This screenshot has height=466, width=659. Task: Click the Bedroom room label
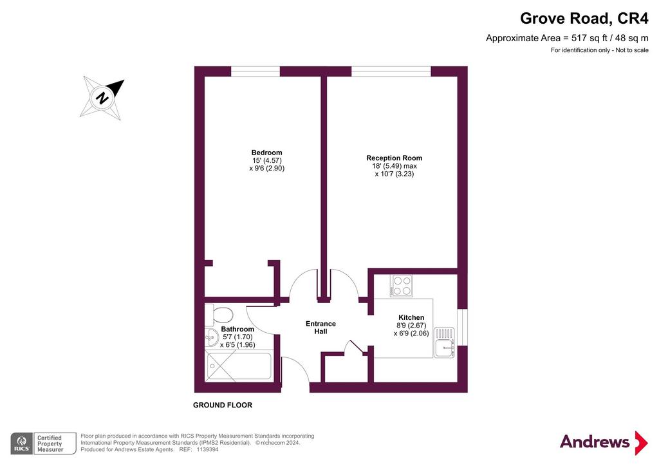coord(267,153)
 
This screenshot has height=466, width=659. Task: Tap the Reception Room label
coord(394,158)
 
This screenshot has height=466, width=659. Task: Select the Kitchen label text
coord(411,317)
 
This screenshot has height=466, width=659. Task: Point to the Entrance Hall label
coord(320,328)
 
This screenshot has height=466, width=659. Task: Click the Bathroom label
coord(237,329)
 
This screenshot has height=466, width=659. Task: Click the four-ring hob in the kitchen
coord(401,285)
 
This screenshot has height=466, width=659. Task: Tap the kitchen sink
coord(444,342)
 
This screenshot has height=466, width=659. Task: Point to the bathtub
coord(239,366)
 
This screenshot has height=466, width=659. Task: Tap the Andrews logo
coord(604,442)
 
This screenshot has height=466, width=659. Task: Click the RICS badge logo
coord(22,443)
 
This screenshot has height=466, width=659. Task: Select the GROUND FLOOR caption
coord(223,405)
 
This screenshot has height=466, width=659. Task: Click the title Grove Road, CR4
coord(584,19)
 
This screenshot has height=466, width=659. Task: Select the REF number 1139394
coord(205,450)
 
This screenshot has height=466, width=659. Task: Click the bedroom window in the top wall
coord(255,71)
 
